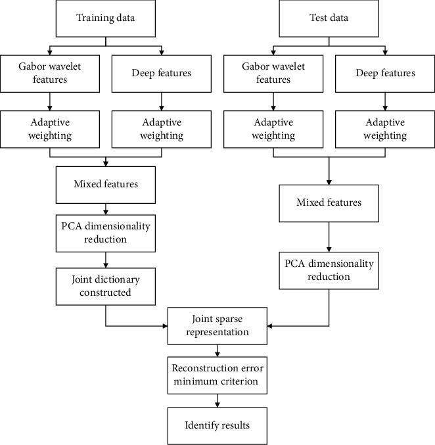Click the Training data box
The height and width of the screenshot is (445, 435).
point(105,18)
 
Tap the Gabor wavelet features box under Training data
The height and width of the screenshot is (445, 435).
point(49,73)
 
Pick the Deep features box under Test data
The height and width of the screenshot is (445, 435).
point(385,73)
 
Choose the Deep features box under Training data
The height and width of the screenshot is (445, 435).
point(161,73)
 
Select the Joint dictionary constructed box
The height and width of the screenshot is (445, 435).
point(106,286)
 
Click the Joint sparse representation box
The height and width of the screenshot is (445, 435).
point(217,325)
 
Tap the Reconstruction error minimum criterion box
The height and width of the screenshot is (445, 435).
point(217,373)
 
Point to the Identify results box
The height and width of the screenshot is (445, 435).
point(217,425)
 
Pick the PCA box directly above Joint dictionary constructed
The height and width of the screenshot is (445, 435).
point(106,233)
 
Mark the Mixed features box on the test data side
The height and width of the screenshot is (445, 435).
point(329,202)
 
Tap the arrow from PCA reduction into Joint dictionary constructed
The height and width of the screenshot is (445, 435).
point(106,260)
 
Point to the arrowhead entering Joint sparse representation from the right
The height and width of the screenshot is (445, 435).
point(270,325)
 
